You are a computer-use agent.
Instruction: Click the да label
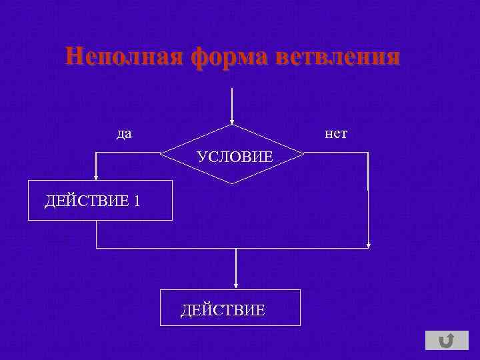point(124,134)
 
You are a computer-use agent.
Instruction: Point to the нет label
point(336,134)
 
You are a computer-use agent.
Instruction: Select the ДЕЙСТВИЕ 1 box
point(100,200)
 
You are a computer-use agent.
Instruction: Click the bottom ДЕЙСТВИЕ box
point(230,307)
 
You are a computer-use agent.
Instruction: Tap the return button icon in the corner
point(446,341)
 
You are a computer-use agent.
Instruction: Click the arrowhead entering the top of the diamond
point(231,121)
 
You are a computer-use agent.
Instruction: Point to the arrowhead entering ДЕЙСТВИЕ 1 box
point(96,177)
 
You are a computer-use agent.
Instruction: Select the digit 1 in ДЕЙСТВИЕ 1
point(136,201)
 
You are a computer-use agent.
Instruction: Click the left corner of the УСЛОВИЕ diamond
point(161,153)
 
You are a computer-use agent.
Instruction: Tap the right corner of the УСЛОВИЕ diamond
point(303,153)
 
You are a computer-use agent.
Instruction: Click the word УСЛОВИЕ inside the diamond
point(235,157)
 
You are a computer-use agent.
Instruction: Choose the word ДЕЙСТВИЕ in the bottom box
point(223,309)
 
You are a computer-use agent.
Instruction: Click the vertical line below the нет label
point(368,200)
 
